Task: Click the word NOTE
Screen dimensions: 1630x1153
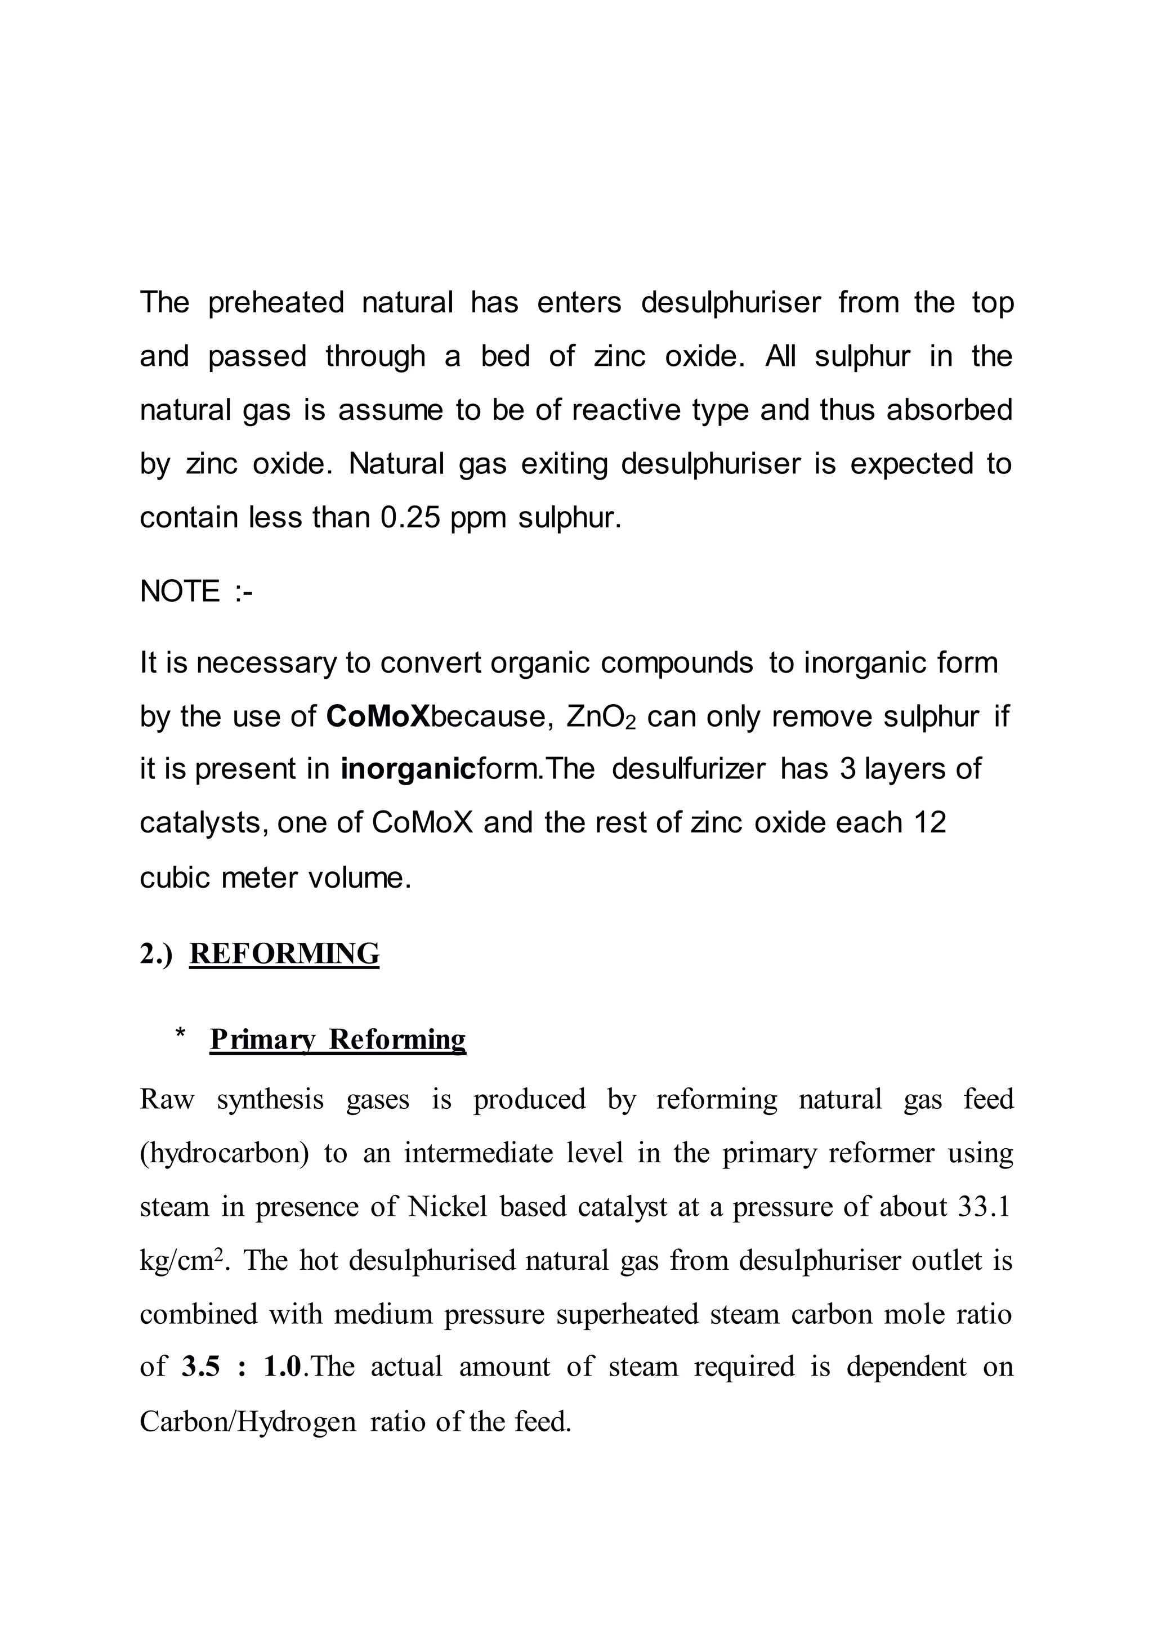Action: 180,592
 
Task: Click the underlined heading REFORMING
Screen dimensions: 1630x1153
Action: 284,953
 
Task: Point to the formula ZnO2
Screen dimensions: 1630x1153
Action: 601,717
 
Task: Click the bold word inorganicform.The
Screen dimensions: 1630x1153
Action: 467,769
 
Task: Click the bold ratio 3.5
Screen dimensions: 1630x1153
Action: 201,1367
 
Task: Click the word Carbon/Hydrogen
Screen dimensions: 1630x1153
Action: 248,1421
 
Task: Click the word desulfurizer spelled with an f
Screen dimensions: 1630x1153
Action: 688,769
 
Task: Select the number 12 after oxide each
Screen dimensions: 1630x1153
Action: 930,823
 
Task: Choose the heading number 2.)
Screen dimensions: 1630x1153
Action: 156,954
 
